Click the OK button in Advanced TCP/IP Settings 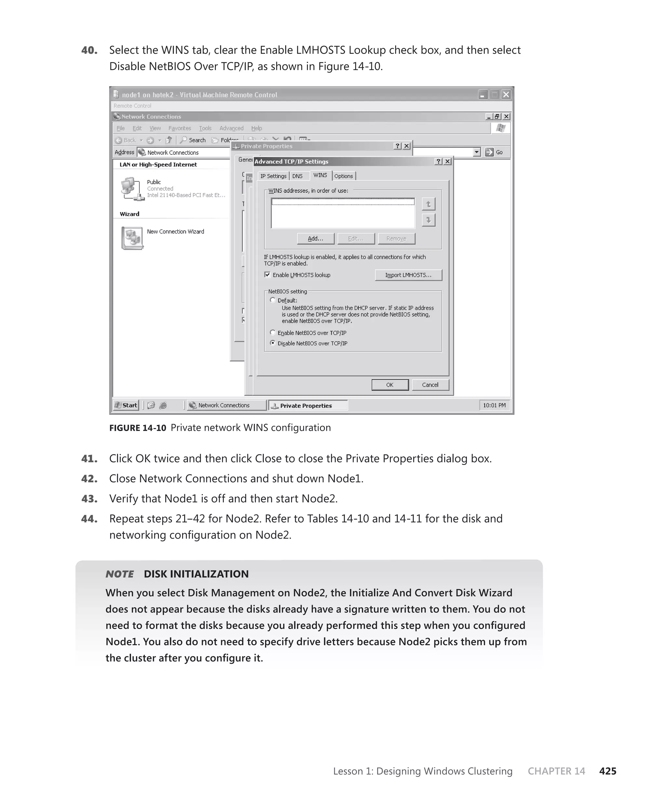coord(390,385)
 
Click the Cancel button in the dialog coord(430,385)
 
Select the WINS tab coord(320,175)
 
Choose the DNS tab coord(297,176)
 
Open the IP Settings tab coord(273,176)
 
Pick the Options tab coord(343,176)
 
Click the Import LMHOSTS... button coord(408,275)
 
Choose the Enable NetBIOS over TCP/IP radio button coord(273,333)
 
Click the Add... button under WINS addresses coord(315,239)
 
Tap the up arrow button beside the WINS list coord(428,204)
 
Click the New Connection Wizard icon coord(132,238)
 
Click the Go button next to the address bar coord(494,152)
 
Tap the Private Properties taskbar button coord(308,405)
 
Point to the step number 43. coord(89,499)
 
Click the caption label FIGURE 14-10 coord(137,428)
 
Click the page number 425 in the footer coord(607,771)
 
